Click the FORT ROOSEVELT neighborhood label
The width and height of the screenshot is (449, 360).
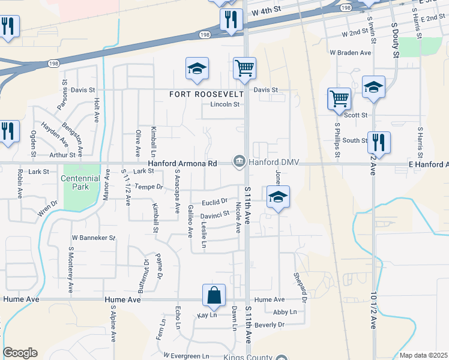coord(206,94)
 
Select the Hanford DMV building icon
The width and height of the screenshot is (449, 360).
coord(239,162)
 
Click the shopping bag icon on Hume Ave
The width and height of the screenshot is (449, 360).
coord(214,295)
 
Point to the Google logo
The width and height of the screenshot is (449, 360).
coord(20,353)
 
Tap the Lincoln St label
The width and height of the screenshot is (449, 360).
coord(225,104)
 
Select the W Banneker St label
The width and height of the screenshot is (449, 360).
coord(93,238)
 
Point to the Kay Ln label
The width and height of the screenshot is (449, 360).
coord(206,315)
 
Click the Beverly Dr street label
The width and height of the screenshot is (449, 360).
coord(270,325)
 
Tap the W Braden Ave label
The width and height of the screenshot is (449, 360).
coord(350,53)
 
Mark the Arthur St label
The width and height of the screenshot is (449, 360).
coord(63,154)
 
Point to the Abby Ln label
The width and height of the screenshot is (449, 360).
coord(285,312)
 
